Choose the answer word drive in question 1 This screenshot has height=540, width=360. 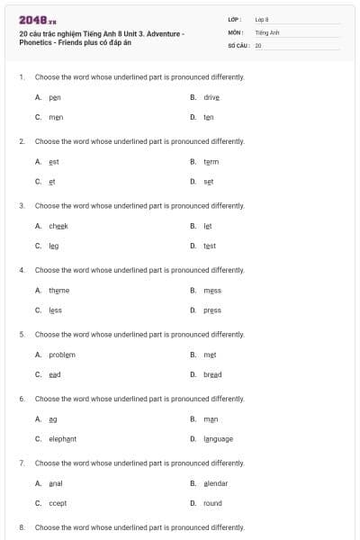(211, 96)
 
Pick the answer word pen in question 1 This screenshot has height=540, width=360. (55, 96)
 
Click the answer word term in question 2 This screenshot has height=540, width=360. (211, 161)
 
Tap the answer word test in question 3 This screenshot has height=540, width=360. (210, 246)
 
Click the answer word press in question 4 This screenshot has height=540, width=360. (212, 310)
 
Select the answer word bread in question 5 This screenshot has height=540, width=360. (212, 374)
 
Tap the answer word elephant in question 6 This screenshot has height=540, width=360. (63, 439)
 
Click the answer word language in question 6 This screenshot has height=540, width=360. (218, 439)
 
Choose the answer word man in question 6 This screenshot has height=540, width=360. (211, 418)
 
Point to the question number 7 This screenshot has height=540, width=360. (21, 462)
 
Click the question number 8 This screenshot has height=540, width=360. (21, 526)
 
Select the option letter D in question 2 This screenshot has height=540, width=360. (193, 182)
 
